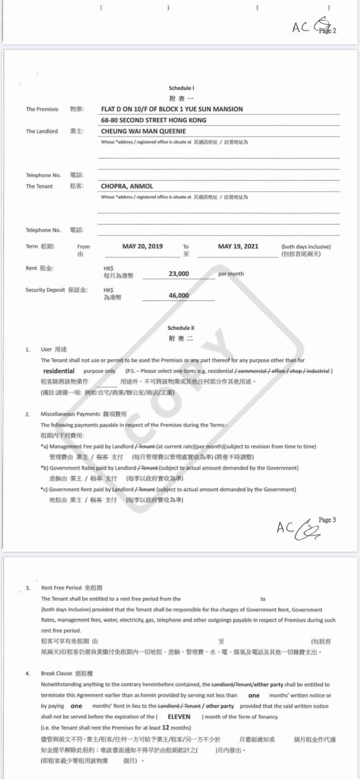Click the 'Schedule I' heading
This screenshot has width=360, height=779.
click(x=181, y=88)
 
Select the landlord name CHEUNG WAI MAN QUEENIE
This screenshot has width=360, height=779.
click(x=143, y=131)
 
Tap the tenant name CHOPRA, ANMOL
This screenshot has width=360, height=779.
click(x=127, y=186)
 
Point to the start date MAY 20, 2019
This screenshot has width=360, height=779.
click(x=142, y=246)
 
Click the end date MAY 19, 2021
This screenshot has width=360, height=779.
click(x=238, y=246)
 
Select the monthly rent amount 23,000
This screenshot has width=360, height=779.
click(x=179, y=273)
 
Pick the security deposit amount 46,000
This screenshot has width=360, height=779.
click(x=179, y=295)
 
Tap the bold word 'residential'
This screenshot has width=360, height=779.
click(x=59, y=371)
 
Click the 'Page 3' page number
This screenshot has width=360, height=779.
click(x=327, y=519)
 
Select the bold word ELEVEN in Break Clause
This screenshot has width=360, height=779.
click(x=179, y=716)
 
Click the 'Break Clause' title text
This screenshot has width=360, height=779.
click(x=57, y=673)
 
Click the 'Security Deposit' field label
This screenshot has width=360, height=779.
click(x=45, y=290)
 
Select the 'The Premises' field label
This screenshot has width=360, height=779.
click(x=42, y=109)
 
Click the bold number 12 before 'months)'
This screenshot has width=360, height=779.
click(x=165, y=727)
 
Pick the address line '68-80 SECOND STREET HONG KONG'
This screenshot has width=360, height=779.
click(x=153, y=120)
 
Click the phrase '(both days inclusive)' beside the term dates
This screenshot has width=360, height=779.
click(x=306, y=246)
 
